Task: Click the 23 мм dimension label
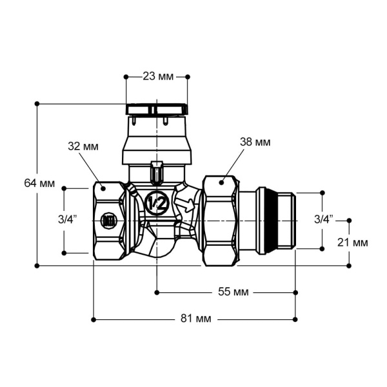(156, 77)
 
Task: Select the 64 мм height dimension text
(39, 183)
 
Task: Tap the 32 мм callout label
(83, 146)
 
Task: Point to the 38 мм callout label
(256, 141)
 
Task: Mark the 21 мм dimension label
(352, 243)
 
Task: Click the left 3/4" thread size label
(67, 219)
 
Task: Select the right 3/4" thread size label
(324, 219)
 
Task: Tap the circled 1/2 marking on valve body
(156, 203)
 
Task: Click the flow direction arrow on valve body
(186, 206)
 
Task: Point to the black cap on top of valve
(157, 110)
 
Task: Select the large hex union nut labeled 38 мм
(220, 221)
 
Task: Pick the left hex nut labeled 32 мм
(108, 221)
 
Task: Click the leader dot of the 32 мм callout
(103, 188)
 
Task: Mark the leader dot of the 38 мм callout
(221, 183)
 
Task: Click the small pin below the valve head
(155, 172)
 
